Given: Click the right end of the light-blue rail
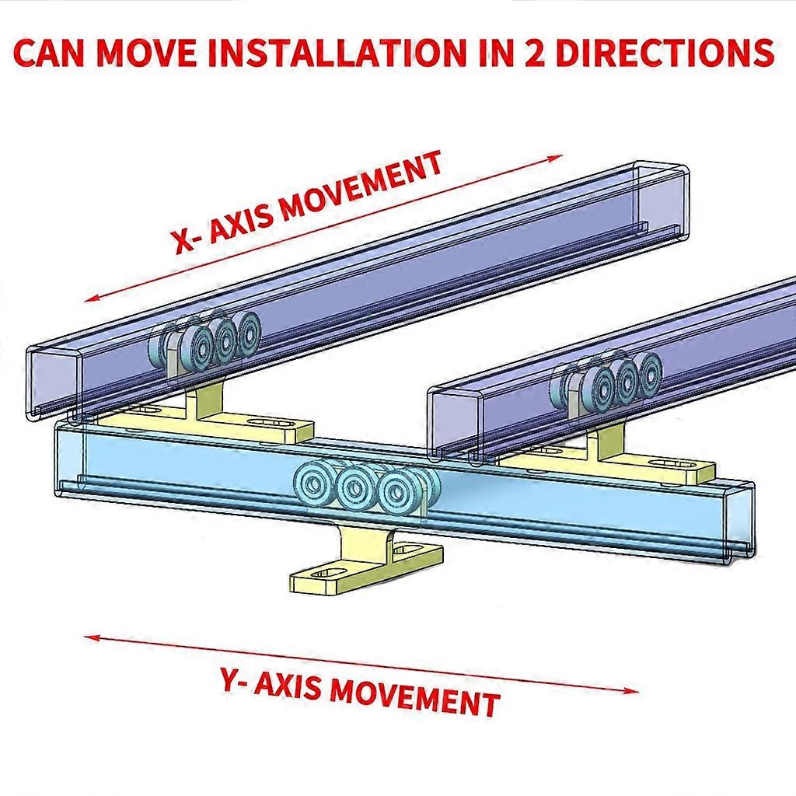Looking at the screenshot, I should (743, 521).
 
